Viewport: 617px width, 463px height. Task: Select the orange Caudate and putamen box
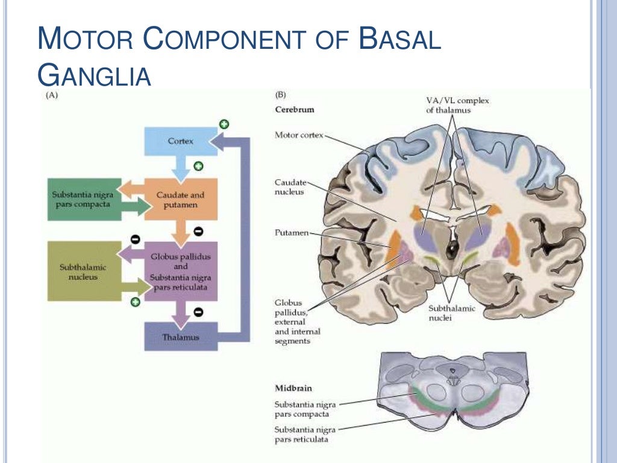(x=180, y=200)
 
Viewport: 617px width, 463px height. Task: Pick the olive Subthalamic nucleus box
(x=83, y=271)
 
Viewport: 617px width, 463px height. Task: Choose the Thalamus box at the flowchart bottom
(x=180, y=337)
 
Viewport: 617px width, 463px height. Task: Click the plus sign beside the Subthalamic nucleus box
(x=135, y=302)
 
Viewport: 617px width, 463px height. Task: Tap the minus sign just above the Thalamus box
(x=198, y=312)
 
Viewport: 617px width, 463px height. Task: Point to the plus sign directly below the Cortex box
(x=198, y=166)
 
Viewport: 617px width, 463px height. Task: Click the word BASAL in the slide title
(x=399, y=40)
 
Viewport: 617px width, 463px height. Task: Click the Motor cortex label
(x=299, y=135)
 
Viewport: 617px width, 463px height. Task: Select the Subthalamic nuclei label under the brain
(x=451, y=313)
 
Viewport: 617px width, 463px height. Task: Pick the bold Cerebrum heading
(x=295, y=110)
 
